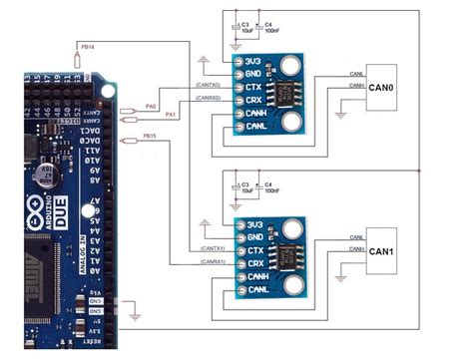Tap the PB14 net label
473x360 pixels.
[x=87, y=46]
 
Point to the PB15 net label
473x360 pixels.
[x=150, y=136]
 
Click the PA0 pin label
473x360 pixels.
[x=151, y=104]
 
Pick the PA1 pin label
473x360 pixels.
[x=170, y=115]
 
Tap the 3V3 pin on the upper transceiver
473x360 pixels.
[x=254, y=60]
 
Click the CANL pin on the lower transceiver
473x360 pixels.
[x=257, y=289]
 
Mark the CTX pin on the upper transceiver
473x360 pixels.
[x=253, y=87]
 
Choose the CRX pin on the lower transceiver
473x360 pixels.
[x=254, y=262]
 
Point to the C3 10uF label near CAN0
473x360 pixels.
[x=246, y=26]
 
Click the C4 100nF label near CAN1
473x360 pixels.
[x=271, y=189]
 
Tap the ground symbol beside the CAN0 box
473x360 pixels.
[x=342, y=113]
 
